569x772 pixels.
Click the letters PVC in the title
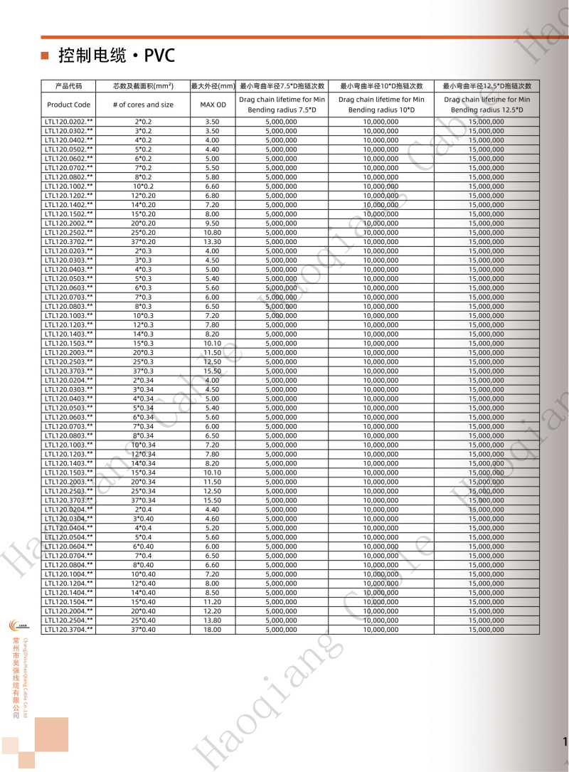(x=159, y=55)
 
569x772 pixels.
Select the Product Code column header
(x=69, y=105)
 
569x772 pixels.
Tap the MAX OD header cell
(x=212, y=105)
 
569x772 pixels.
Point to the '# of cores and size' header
(x=143, y=105)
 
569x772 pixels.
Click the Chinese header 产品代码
(x=69, y=86)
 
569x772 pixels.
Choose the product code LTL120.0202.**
(x=69, y=122)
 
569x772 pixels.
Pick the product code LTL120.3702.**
(x=69, y=242)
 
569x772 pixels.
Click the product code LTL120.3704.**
(x=69, y=630)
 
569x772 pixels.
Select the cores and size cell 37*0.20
(x=143, y=242)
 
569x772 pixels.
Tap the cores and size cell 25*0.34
(x=143, y=491)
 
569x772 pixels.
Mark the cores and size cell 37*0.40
(x=143, y=630)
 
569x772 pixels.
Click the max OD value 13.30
(x=212, y=242)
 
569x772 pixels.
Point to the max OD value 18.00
(x=212, y=630)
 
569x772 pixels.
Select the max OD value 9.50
(x=212, y=223)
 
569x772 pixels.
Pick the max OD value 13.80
(x=212, y=620)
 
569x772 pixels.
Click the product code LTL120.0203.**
(x=69, y=251)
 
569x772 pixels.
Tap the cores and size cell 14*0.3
(x=143, y=334)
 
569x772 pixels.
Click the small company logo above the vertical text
(x=18, y=625)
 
